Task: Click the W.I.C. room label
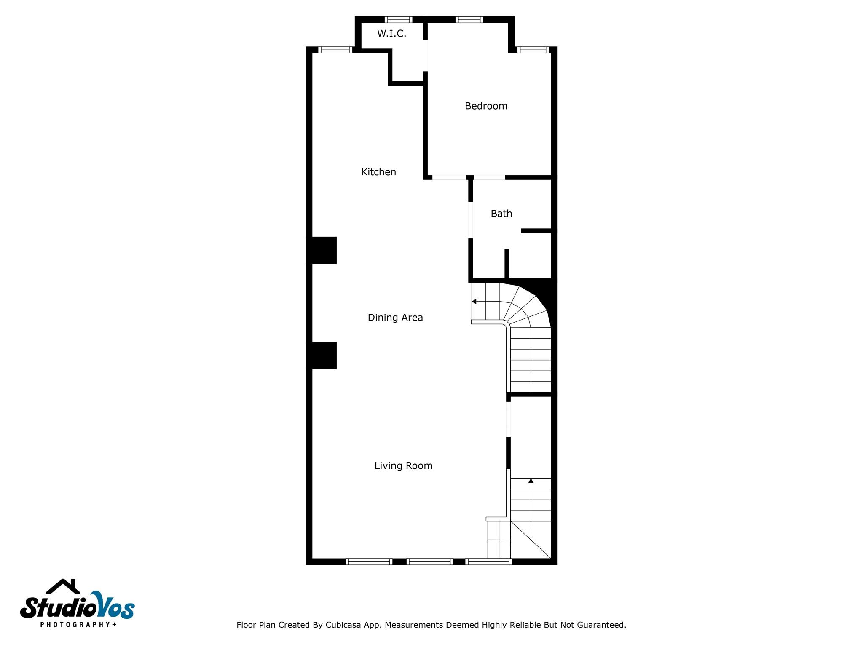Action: click(x=391, y=34)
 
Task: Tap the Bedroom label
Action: click(x=486, y=106)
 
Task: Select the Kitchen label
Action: click(x=378, y=172)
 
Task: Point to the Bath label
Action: click(x=501, y=214)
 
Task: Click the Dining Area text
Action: click(x=395, y=318)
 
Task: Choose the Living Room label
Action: click(x=403, y=466)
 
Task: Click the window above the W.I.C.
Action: click(x=398, y=19)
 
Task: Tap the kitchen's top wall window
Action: click(x=335, y=50)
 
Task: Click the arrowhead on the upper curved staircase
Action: click(x=474, y=302)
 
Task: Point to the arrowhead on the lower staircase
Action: click(x=531, y=481)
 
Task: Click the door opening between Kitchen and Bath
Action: click(x=471, y=220)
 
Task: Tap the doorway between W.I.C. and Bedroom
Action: click(x=426, y=56)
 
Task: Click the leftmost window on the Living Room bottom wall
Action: click(x=369, y=561)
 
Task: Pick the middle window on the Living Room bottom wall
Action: click(x=430, y=561)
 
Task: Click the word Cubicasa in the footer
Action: click(x=343, y=625)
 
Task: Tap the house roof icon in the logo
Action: click(x=63, y=586)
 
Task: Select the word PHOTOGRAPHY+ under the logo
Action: click(x=78, y=624)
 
